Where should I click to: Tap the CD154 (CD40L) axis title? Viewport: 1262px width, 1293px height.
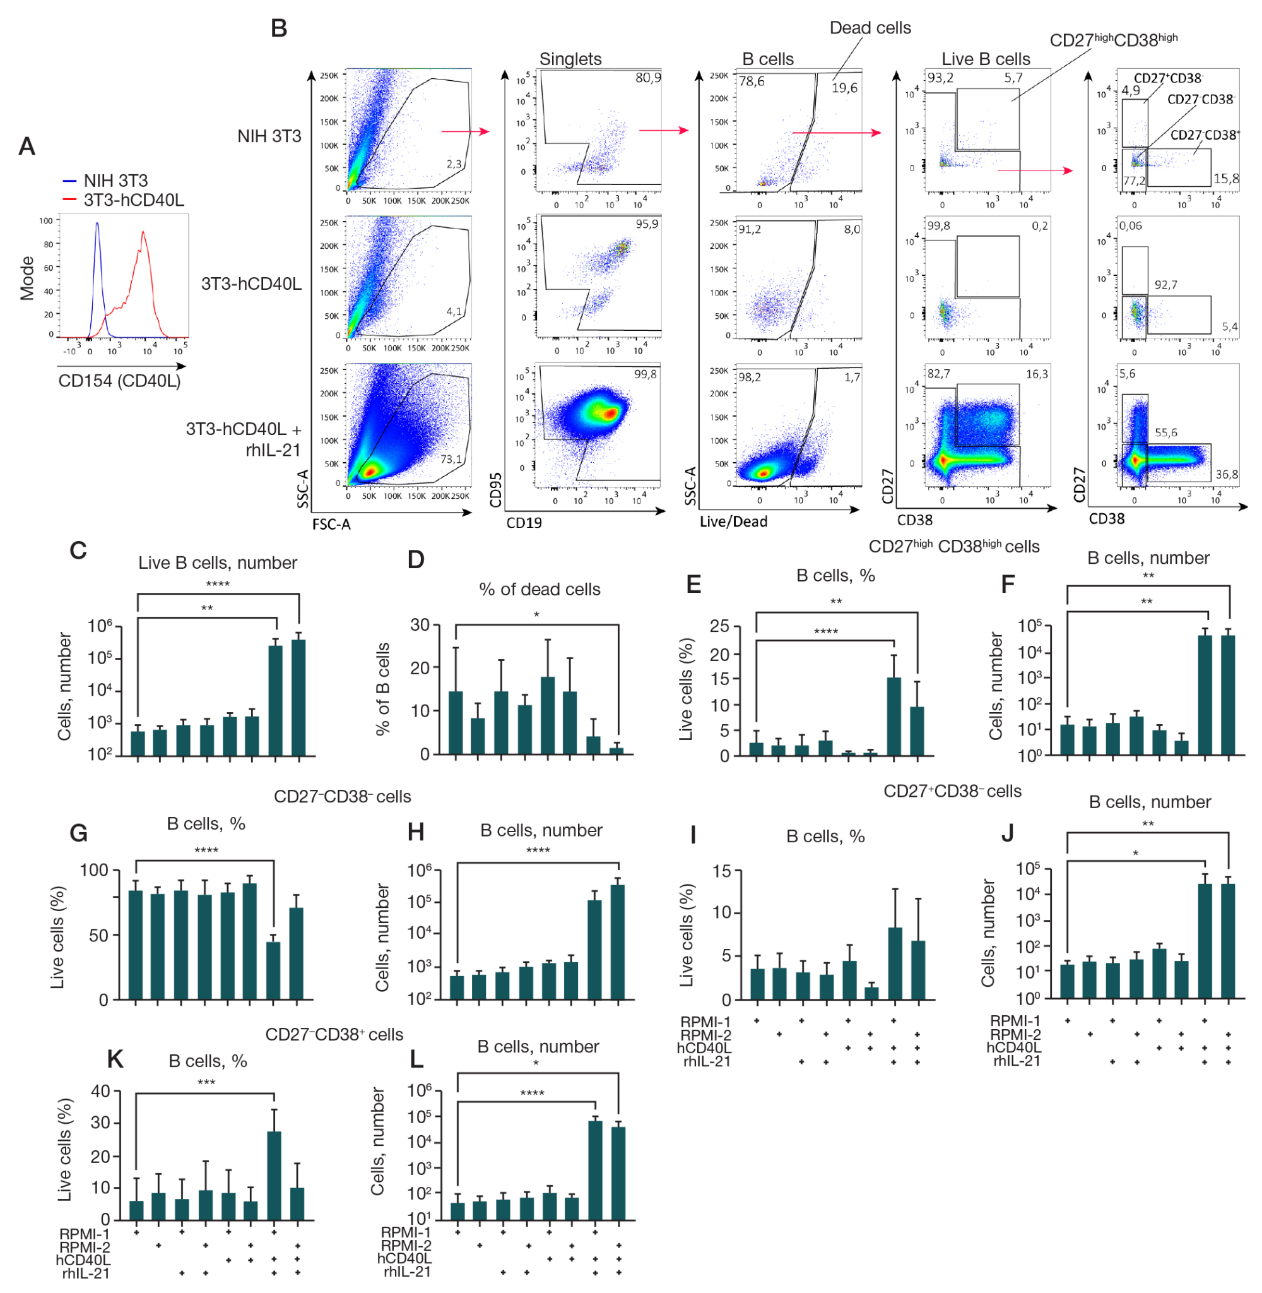click(119, 381)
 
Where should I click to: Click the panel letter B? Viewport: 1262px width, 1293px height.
click(279, 28)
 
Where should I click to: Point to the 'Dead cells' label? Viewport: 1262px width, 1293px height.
click(870, 28)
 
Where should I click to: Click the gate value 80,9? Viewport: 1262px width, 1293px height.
click(647, 78)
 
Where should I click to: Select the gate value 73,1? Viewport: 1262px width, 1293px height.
click(451, 459)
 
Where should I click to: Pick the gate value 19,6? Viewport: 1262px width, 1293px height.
click(844, 88)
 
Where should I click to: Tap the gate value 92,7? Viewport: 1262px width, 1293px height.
click(1166, 285)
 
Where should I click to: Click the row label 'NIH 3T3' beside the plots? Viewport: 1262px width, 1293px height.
click(269, 136)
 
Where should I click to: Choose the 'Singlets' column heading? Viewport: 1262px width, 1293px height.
click(570, 59)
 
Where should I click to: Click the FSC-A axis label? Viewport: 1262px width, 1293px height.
click(331, 525)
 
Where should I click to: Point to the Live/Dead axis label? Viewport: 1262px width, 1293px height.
click(733, 522)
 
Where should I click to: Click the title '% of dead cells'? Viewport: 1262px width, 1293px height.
click(540, 590)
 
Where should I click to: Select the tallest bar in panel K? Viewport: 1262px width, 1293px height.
click(274, 1176)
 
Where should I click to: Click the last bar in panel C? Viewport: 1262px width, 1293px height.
click(298, 698)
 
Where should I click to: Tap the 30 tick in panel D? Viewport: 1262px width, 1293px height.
click(420, 624)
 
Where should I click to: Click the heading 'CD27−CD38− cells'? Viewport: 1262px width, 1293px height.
click(342, 796)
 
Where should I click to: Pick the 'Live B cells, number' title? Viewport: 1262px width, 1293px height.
click(218, 563)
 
